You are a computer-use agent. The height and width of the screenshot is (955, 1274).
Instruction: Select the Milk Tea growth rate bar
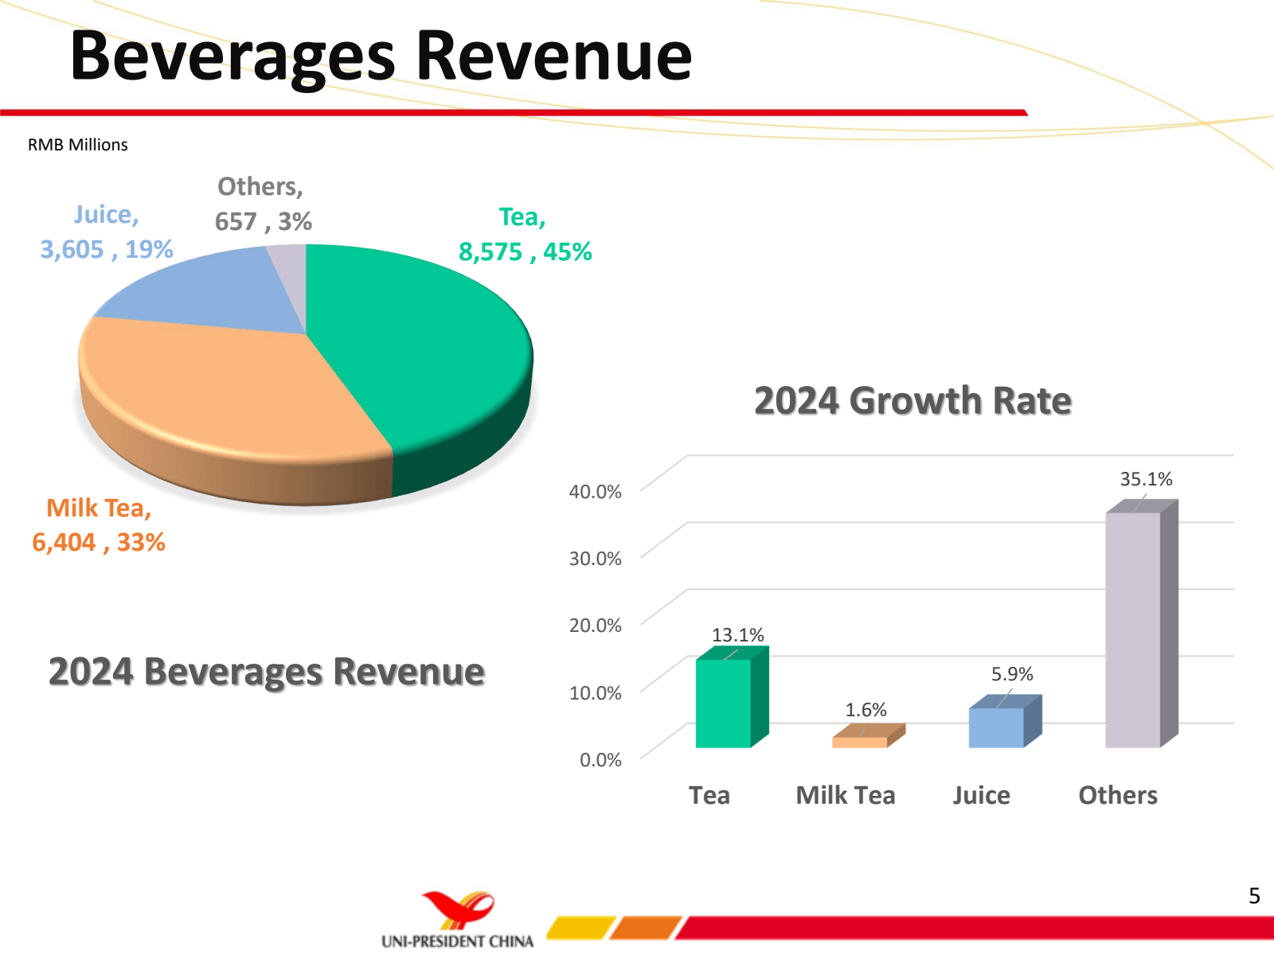(860, 742)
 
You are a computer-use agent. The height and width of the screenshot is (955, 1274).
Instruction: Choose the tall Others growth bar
(1133, 629)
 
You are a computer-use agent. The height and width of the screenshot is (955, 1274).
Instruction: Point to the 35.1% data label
(1146, 479)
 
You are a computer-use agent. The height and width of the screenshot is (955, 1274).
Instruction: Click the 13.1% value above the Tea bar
(737, 635)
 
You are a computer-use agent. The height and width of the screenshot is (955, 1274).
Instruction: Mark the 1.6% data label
(866, 710)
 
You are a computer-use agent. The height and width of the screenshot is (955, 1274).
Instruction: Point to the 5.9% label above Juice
(1011, 674)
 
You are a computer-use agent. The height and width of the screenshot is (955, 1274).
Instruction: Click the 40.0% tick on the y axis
(595, 492)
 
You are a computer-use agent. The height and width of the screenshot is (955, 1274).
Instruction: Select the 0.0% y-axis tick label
(600, 760)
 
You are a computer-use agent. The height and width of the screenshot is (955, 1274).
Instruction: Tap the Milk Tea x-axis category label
(846, 795)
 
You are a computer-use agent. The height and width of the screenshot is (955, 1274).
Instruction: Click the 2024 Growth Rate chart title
(913, 400)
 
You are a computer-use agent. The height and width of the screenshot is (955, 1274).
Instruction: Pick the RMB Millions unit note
(78, 145)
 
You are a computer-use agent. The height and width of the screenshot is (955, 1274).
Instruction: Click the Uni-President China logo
(458, 920)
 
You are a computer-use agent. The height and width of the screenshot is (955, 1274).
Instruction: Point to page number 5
(1254, 896)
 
